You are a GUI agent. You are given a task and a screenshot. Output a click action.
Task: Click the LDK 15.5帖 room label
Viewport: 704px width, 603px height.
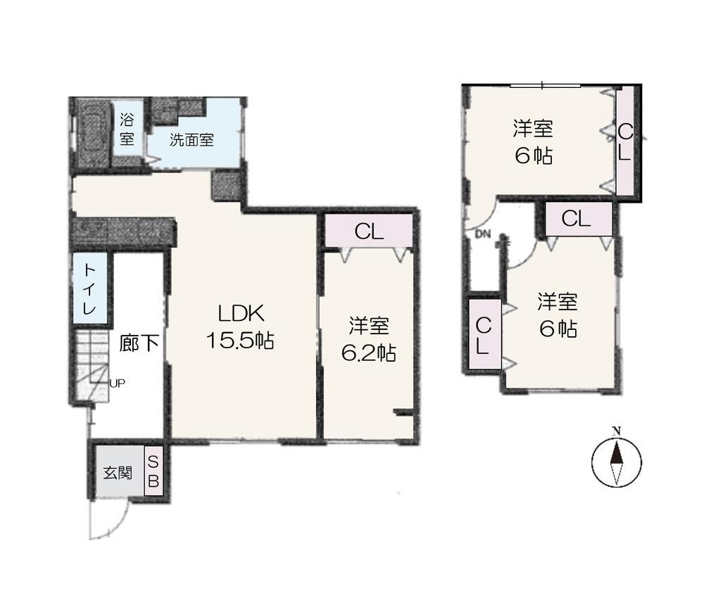click(x=240, y=326)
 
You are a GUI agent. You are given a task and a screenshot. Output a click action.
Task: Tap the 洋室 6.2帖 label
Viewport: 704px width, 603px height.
click(x=369, y=340)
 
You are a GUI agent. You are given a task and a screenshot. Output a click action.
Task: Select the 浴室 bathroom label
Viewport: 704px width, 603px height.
click(x=127, y=129)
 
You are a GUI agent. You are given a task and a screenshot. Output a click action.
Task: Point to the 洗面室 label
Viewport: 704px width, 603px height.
click(x=191, y=140)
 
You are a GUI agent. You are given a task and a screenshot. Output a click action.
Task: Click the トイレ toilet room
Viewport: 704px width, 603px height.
click(x=90, y=288)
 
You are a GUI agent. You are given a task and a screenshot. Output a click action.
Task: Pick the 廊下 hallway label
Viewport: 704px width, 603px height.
click(x=139, y=343)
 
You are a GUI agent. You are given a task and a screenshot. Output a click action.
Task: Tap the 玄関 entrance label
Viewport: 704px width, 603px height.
click(x=118, y=473)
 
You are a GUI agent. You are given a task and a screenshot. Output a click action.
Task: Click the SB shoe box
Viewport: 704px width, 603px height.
click(x=153, y=471)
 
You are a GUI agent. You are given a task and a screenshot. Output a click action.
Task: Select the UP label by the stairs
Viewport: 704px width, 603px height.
click(x=117, y=383)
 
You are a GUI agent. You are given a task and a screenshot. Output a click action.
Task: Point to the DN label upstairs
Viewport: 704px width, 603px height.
click(x=483, y=234)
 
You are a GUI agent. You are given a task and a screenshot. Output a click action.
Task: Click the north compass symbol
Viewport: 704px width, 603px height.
click(x=617, y=462)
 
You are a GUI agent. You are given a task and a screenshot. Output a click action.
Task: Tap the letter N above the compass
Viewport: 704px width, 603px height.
click(x=617, y=431)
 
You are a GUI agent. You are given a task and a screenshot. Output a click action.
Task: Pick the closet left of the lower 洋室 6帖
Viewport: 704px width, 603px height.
click(x=484, y=334)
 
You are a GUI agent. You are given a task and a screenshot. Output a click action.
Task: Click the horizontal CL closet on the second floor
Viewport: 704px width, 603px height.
click(x=579, y=219)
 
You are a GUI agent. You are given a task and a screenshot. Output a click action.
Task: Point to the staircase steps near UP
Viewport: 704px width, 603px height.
click(x=92, y=365)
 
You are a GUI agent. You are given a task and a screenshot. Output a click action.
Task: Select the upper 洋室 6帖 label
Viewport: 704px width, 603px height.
click(x=533, y=141)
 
